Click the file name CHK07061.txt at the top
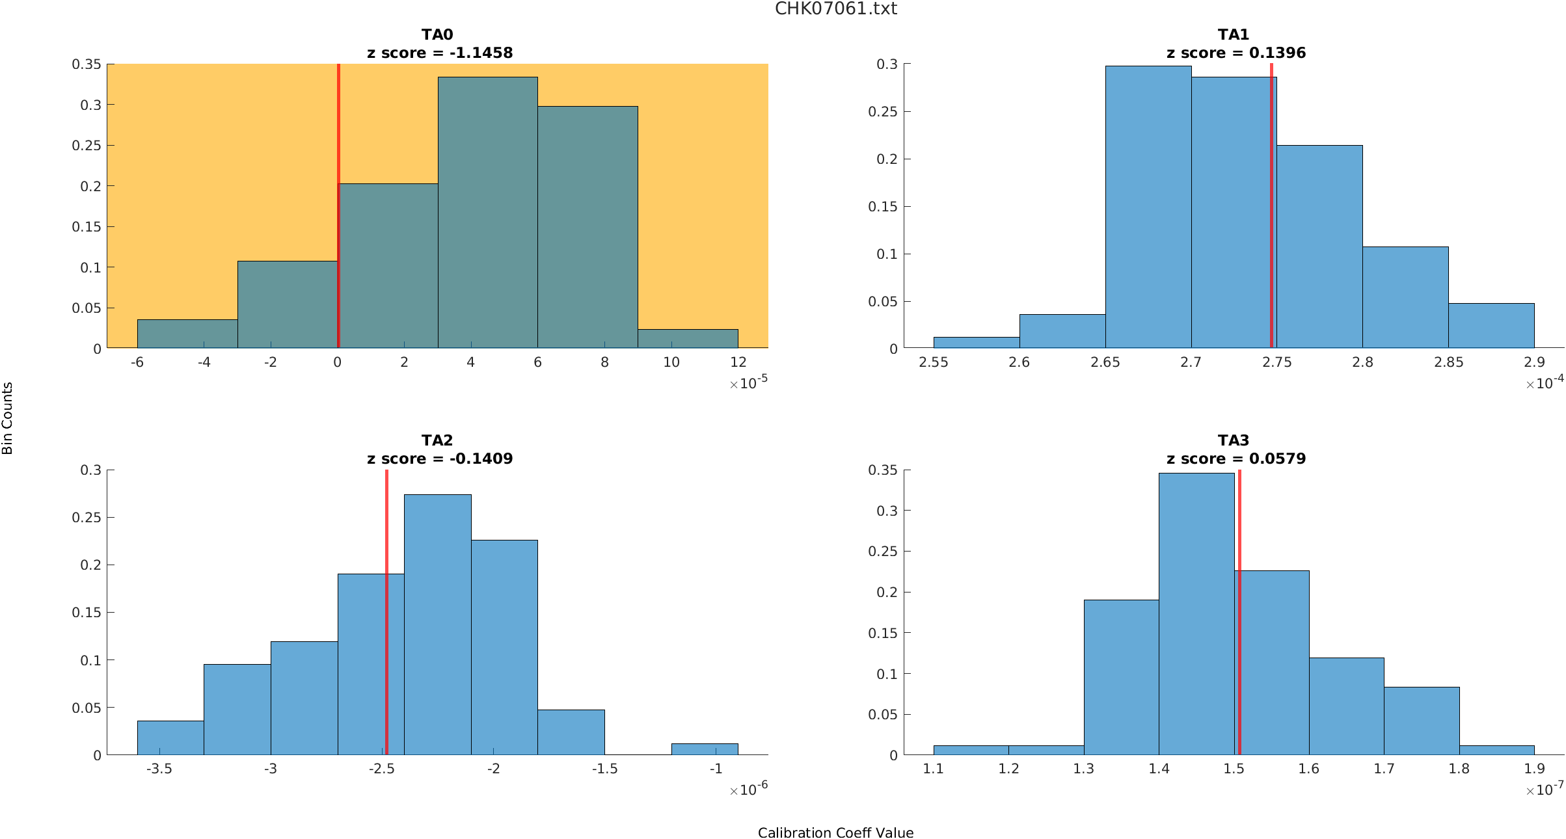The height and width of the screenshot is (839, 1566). [835, 9]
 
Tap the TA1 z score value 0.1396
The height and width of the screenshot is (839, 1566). [1277, 53]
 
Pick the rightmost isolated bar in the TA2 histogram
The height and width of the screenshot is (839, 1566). [705, 749]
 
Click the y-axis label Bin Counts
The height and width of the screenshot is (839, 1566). [7, 418]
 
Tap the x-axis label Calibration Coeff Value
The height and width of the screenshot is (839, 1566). [835, 832]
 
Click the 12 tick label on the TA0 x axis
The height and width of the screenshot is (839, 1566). [738, 362]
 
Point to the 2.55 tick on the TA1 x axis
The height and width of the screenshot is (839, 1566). [933, 362]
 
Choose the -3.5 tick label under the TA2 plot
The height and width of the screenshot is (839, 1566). [159, 769]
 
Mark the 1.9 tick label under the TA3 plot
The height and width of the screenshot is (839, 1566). [1534, 769]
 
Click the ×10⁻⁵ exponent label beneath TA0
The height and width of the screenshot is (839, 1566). [749, 383]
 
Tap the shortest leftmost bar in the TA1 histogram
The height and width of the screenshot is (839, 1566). [976, 343]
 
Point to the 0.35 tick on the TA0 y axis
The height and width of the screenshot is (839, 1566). [87, 64]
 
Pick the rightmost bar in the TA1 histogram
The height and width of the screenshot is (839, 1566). [1491, 326]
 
